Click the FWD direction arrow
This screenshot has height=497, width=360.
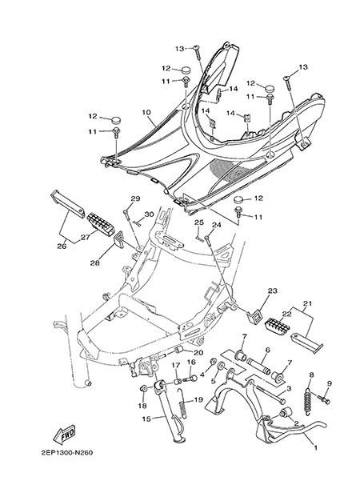point(64,434)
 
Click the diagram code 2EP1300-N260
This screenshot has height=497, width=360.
point(67,452)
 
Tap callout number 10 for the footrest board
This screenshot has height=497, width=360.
point(146,113)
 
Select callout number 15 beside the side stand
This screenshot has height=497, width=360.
point(146,419)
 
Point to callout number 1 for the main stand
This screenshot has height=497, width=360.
point(315,447)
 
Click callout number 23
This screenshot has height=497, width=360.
point(273,291)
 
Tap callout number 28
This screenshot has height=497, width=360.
point(94,263)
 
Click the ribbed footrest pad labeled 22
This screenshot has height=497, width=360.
point(276,327)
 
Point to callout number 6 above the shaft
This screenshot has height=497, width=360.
point(267,350)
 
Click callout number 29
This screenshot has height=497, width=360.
point(135,198)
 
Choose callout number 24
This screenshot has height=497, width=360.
point(217,225)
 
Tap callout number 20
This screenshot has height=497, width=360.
point(198,353)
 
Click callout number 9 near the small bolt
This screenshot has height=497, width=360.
point(330,383)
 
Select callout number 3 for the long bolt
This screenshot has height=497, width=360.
point(289,388)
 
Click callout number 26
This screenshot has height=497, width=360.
point(62,246)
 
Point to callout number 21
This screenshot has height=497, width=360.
point(307,303)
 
